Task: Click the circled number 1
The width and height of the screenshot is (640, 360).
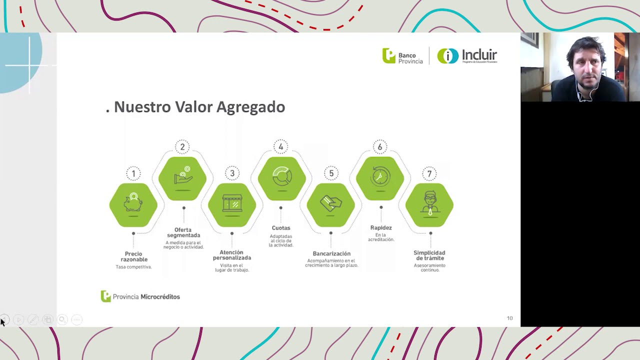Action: (x=133, y=174)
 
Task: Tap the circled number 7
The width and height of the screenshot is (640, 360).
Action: (x=429, y=174)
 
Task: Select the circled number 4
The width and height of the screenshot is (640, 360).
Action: (x=281, y=147)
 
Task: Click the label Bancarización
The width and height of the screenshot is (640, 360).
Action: (x=331, y=253)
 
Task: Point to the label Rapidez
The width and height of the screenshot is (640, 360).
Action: (x=381, y=228)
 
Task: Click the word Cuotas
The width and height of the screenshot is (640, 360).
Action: (x=281, y=228)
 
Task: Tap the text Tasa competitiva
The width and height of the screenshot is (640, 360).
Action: (x=133, y=267)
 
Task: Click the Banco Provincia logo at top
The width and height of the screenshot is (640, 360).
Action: (x=402, y=56)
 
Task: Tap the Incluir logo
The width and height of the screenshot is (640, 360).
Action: (x=467, y=55)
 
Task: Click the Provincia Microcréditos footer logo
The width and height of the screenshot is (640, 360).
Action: (x=140, y=296)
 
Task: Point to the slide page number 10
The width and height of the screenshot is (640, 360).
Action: (x=509, y=318)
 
